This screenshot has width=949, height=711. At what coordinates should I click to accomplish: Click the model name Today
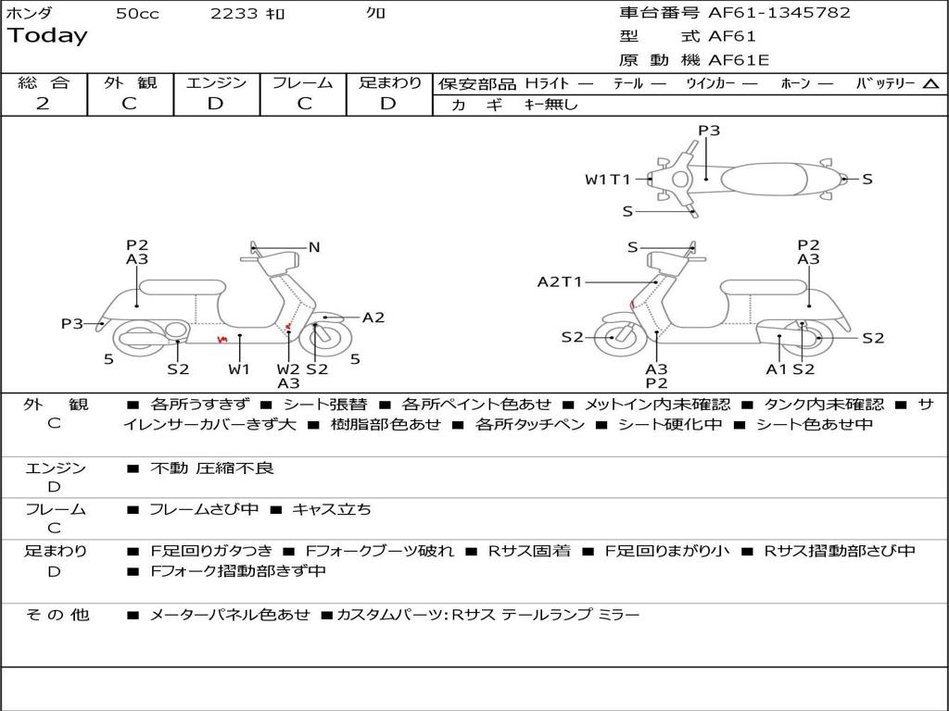pos(47,36)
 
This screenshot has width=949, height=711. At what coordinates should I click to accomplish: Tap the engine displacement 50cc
pos(137,14)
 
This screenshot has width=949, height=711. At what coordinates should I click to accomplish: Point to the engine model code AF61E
pos(739,61)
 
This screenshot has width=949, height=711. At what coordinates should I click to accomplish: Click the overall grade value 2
pos(43,104)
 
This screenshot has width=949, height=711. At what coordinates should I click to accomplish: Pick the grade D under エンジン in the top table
pos(216,104)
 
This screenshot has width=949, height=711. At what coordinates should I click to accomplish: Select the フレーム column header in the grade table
pos(303,83)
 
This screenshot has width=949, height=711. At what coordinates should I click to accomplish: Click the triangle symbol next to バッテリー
pos(930,84)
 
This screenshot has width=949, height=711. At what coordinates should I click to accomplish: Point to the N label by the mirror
pos(314,247)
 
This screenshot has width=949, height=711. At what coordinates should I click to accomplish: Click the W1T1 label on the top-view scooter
pos(607,180)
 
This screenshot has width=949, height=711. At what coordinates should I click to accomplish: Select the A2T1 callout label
pos(560,282)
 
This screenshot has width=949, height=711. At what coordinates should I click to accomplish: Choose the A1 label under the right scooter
pos(776,368)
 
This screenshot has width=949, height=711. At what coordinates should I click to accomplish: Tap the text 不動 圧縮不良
pos(212,468)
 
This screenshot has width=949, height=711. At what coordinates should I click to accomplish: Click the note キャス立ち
pos(332,509)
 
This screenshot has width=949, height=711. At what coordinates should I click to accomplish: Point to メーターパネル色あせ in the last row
pos(229,615)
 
